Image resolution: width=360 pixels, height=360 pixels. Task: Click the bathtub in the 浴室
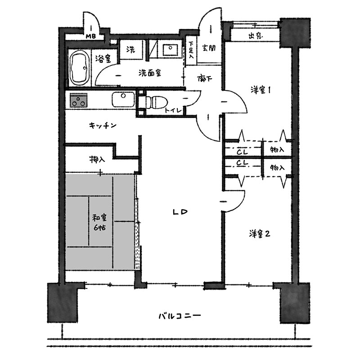pos(79,68)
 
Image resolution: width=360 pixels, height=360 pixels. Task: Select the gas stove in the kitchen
pos(78,100)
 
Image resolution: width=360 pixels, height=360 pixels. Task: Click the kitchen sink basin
pos(123,99)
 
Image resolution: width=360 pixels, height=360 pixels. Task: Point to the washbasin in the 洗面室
pos(171,50)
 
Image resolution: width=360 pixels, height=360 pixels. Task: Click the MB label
pos(91,36)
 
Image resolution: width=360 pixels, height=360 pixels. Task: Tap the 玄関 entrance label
pos(209,48)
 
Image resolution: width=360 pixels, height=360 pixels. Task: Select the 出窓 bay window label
pos(256,36)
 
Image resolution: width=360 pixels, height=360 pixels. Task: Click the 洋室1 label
pos(261,90)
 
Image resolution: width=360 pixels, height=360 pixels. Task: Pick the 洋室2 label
pos(260,234)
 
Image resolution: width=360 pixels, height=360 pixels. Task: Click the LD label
pos(180,212)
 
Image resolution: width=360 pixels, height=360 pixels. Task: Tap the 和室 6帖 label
pos(99,222)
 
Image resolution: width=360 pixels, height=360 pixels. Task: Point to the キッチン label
pos(103,126)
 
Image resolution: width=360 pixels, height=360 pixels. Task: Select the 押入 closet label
pos(97,159)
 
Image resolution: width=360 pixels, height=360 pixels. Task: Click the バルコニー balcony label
pos(180,316)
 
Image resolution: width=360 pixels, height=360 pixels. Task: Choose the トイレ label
pos(173,110)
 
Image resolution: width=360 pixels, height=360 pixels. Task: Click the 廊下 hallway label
pos(205,79)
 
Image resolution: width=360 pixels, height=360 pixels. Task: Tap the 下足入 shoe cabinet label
pos(191,49)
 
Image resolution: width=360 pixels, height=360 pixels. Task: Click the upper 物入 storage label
pos(277,150)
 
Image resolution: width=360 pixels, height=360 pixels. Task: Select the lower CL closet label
pos(243,163)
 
